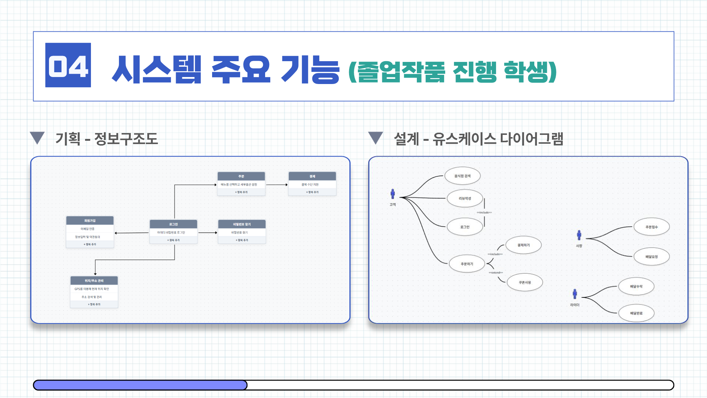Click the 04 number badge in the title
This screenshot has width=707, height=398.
[68, 65]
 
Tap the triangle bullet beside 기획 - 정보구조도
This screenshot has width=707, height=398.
[37, 138]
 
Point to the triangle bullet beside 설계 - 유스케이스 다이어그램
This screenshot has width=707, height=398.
[376, 138]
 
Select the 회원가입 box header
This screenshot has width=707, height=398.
[90, 221]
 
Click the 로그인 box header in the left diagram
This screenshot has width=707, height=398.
[173, 224]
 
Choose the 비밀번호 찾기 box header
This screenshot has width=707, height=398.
[242, 224]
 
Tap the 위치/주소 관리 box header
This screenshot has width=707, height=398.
[94, 281]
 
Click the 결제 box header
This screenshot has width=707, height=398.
[312, 176]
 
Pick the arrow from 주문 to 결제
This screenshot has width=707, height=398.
[277, 185]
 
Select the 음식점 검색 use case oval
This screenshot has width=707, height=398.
[462, 176]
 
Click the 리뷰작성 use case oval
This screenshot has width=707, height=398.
[465, 198]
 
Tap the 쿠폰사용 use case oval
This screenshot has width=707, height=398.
[525, 282]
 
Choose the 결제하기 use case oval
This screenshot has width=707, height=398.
[523, 245]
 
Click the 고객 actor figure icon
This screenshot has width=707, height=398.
[393, 194]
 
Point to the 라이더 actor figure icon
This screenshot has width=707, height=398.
[574, 294]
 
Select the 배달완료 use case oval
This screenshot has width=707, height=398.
[636, 313]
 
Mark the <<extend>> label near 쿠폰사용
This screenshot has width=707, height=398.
[496, 273]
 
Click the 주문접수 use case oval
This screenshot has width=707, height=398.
[651, 227]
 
